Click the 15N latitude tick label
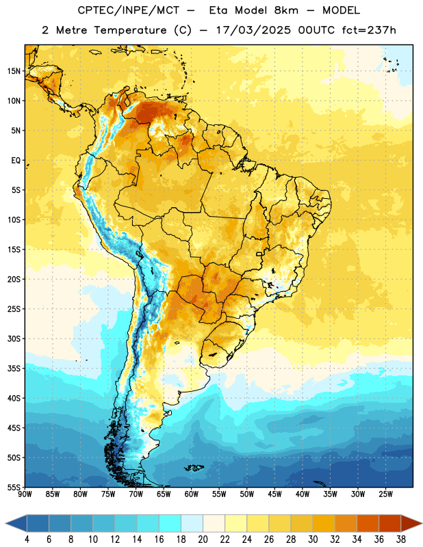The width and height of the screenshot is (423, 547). (14, 71)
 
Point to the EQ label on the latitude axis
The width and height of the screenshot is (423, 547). (16, 161)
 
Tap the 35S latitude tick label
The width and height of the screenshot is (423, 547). (14, 369)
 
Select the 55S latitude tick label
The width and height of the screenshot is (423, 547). (14, 487)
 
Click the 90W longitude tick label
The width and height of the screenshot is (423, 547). (25, 494)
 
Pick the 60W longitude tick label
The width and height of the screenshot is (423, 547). (192, 494)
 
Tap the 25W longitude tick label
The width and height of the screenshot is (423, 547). (385, 494)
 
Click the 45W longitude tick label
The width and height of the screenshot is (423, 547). (274, 494)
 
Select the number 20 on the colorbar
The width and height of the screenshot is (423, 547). (203, 539)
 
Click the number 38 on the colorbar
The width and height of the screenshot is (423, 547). (401, 539)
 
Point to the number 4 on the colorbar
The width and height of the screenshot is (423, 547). (27, 539)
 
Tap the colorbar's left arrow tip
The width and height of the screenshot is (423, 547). (5, 524)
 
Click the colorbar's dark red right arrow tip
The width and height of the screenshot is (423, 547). (422, 524)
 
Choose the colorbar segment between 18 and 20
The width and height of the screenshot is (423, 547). (192, 524)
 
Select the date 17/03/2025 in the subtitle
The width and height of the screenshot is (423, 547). (253, 30)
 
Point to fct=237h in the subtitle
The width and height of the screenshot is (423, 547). (369, 30)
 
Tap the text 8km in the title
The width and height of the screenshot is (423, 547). (286, 10)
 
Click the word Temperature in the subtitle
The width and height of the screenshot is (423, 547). (130, 31)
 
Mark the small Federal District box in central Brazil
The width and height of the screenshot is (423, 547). (259, 254)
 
